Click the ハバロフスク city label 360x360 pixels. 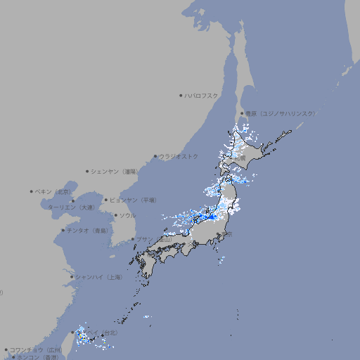coord(202,95)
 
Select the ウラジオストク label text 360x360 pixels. coord(179,156)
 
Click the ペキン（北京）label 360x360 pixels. coord(53,191)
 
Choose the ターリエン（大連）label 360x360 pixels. coord(70,207)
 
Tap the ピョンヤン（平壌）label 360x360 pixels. coord(132,200)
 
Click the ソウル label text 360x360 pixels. coord(127,215)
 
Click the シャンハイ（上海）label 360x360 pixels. coord(98,277)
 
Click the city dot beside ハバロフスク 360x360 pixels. coord(181,95)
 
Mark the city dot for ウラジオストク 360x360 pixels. coord(155,156)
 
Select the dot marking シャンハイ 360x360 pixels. coord(72,277)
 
